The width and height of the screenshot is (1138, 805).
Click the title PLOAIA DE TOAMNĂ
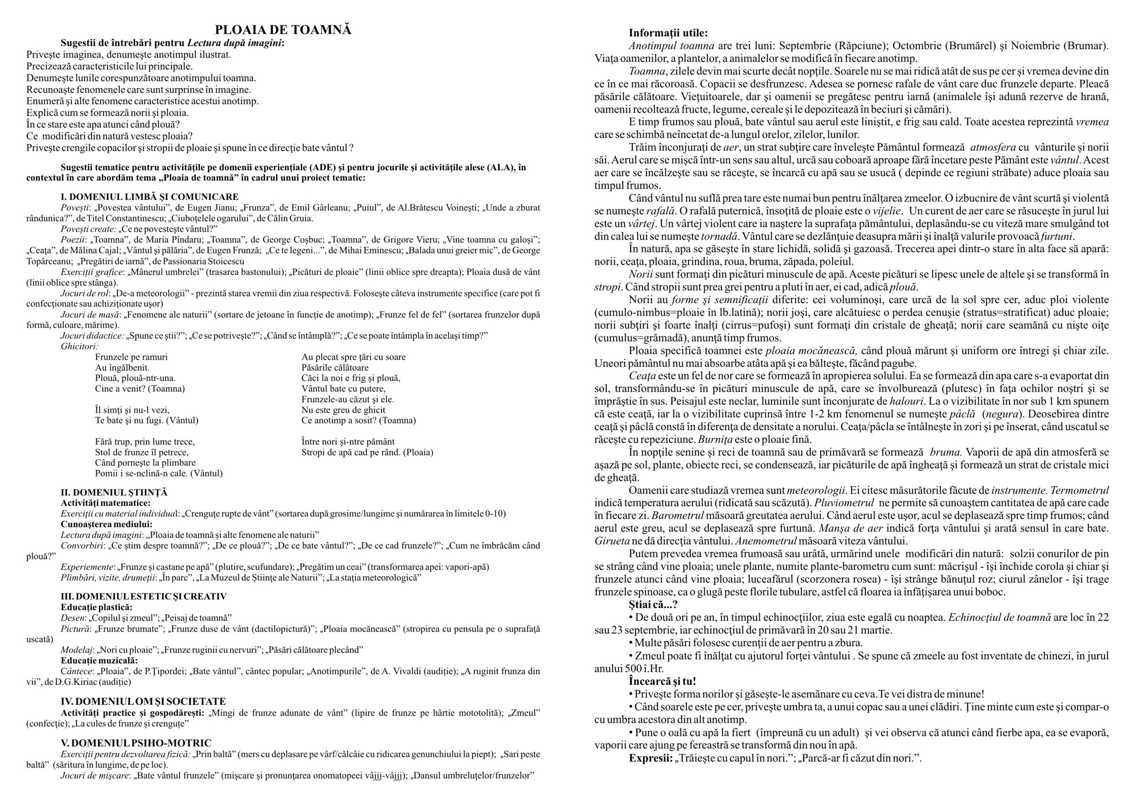point(283,30)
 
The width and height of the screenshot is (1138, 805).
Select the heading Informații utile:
point(668,33)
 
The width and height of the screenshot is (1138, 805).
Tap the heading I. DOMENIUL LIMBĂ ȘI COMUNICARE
point(150,197)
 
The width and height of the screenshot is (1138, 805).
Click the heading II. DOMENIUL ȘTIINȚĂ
point(114,493)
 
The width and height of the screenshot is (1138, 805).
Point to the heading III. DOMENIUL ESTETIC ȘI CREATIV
point(144,596)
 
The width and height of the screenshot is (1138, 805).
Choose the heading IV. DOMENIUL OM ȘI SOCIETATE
point(143,701)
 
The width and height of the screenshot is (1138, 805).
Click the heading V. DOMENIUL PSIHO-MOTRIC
point(136,743)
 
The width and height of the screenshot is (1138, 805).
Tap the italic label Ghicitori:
point(80,347)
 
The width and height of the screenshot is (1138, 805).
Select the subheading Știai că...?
point(653,605)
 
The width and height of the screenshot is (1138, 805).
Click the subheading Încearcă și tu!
point(663,681)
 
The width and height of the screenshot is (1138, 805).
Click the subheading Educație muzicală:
point(99,660)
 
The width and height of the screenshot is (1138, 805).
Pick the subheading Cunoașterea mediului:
point(107,525)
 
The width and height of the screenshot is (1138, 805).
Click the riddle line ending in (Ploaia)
point(367,452)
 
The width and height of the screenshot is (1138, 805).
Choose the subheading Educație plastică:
point(97,607)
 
